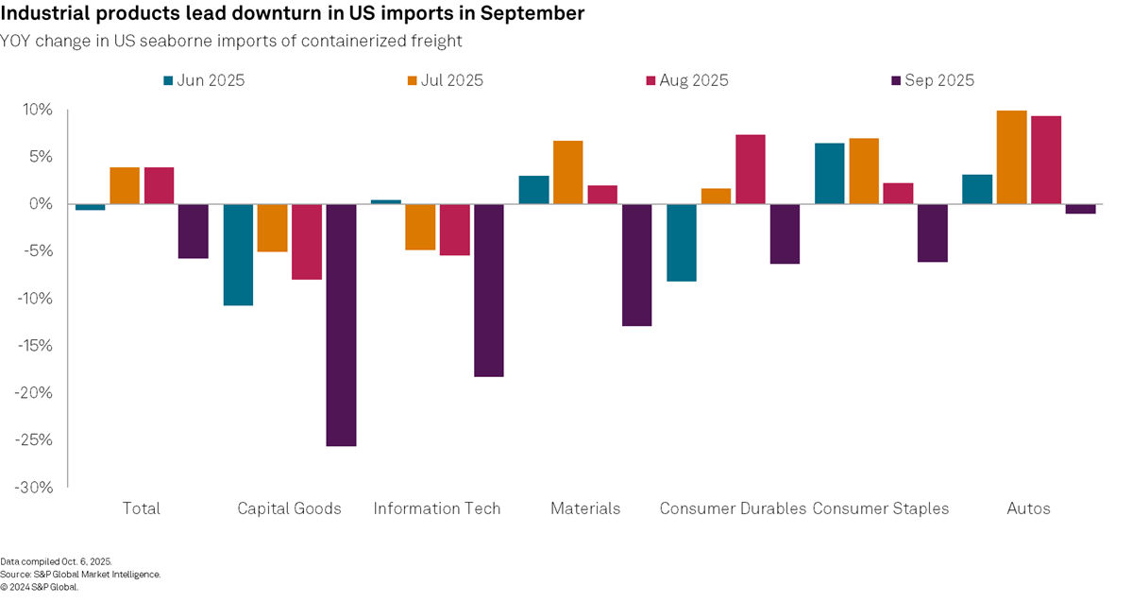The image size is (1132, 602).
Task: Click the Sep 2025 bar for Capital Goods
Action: tap(341, 324)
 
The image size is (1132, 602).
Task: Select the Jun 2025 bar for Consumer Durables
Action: tap(681, 242)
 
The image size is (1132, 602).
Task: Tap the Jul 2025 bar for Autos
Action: tap(1011, 157)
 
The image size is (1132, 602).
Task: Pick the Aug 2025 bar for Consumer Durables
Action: tap(751, 169)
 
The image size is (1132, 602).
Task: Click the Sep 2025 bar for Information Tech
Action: tap(488, 290)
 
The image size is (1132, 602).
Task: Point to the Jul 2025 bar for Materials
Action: tap(567, 172)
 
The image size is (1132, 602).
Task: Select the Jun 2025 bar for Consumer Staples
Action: tap(829, 173)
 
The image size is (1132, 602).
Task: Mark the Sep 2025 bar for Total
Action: tap(193, 231)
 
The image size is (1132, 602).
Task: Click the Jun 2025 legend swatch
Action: tap(168, 81)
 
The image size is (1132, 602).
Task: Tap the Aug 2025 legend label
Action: tap(695, 81)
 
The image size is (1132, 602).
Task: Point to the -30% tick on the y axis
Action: tap(35, 487)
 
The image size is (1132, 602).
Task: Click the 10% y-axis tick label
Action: tap(39, 110)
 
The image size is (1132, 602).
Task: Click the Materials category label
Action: tap(585, 508)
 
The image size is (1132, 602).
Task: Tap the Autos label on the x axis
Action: tap(1028, 508)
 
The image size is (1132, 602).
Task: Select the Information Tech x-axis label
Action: tap(437, 508)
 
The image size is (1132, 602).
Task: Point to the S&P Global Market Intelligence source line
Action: tap(80, 574)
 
